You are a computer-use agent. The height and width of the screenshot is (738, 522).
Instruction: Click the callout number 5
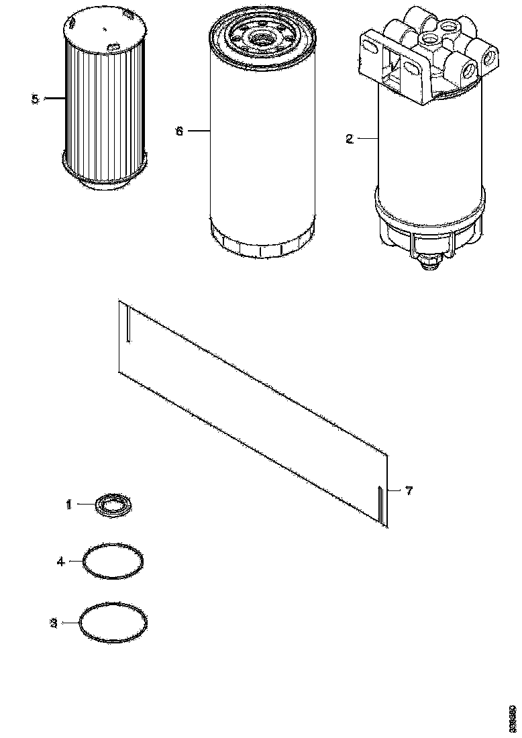click(35, 99)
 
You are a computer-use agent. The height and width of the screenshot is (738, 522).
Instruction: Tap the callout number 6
click(179, 131)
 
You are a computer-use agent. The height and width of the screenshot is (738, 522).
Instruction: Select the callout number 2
click(349, 140)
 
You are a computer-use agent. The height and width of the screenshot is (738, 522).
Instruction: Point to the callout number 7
click(409, 490)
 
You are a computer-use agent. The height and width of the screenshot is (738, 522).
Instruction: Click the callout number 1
click(68, 505)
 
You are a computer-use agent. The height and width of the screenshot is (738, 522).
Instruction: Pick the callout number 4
click(60, 561)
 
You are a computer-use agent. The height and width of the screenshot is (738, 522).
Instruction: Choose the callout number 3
click(54, 623)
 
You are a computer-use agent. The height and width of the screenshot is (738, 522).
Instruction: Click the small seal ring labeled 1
click(114, 505)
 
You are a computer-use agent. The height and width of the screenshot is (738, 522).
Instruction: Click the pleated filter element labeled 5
click(103, 107)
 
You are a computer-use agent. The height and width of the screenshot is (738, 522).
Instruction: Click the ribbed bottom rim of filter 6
click(262, 242)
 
